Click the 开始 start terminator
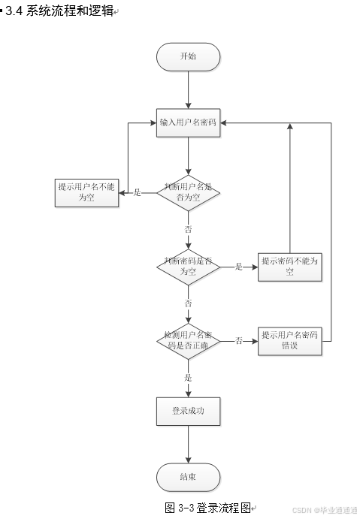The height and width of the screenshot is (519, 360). pos(188,57)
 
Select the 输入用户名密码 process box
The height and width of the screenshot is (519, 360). pos(188,123)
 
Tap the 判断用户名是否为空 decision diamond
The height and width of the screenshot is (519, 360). pos(188,193)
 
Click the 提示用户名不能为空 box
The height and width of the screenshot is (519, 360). pos(88,193)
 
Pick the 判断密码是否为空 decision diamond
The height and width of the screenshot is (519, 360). pos(188,266)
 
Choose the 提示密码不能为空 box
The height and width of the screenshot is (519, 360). pos(289,266)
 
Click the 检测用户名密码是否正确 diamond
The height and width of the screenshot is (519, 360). pos(188,340)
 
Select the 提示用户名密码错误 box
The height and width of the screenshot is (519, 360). pos(289,340)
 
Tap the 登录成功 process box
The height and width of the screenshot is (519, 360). pos(188,412)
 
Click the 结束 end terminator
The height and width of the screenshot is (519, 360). pos(188,477)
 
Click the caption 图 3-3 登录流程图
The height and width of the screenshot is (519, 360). pos(207,508)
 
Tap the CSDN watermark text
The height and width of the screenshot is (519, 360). pos(324,510)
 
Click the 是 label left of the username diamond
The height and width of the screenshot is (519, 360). pos(138,194)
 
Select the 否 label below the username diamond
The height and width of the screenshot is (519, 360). pos(188,228)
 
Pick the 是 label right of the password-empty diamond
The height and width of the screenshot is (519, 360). pos(239,267)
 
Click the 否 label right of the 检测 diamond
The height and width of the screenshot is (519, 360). pos(238,341)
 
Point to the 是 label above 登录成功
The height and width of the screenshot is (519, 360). pos(188,378)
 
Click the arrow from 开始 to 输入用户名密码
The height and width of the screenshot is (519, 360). pos(188,89)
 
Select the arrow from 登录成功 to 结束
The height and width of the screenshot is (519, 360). pos(188,445)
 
